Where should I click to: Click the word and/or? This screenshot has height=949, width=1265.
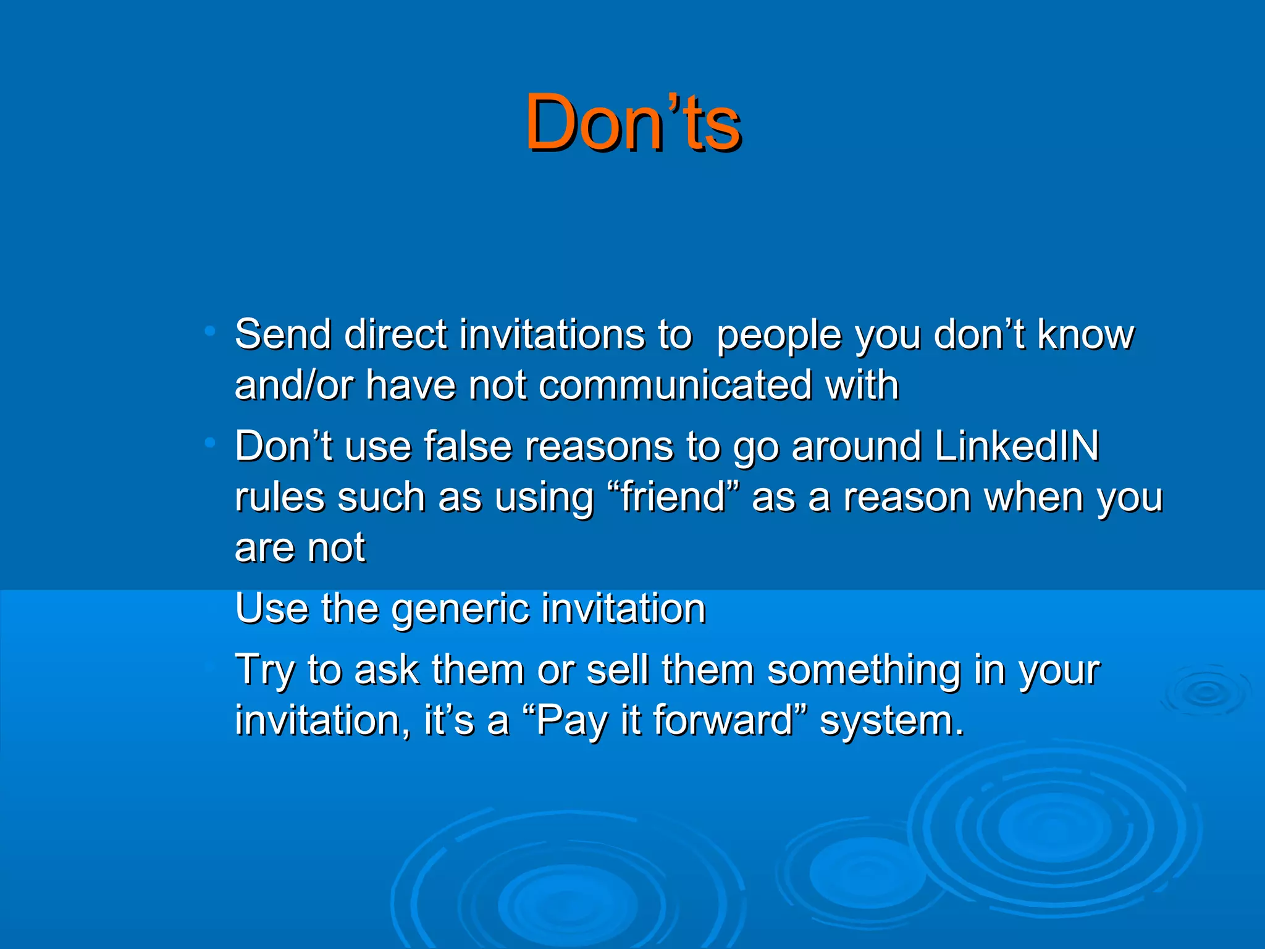tap(293, 386)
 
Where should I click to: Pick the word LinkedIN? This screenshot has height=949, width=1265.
tap(1017, 445)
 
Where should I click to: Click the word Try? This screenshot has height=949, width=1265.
tap(264, 671)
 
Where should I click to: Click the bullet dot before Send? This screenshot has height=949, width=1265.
tap(211, 331)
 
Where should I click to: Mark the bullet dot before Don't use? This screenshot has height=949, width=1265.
tap(211, 442)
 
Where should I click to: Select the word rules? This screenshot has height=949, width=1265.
tap(280, 497)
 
